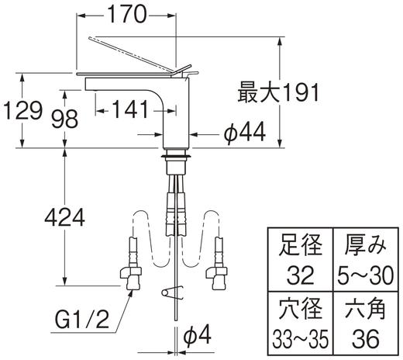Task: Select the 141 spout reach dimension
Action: (128, 108)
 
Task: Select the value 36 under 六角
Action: (363, 339)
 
